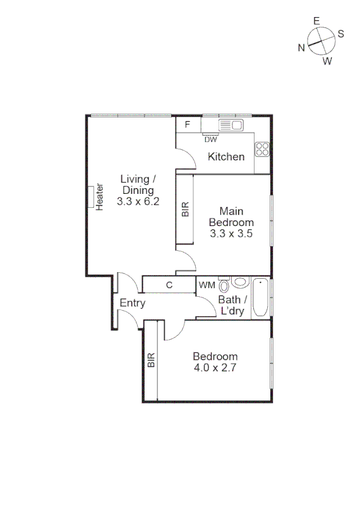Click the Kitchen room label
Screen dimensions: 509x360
point(226,157)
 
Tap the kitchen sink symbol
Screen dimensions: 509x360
point(231,124)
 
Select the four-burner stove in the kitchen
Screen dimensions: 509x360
point(262,150)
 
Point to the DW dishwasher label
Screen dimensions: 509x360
point(210,140)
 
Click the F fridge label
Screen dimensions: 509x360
point(188,124)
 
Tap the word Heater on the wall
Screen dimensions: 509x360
point(100,198)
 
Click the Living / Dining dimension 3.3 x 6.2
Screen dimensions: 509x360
point(138,202)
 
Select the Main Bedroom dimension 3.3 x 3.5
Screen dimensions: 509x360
point(231,233)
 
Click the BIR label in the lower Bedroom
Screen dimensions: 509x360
point(150,361)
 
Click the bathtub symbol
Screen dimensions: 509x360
point(261,297)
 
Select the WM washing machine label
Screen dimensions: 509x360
point(207,285)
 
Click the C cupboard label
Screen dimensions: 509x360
point(169,285)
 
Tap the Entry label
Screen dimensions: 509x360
point(133,303)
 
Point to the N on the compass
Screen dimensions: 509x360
point(302,47)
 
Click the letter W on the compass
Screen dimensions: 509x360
point(327,61)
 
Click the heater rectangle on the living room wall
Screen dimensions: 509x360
point(91,197)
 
